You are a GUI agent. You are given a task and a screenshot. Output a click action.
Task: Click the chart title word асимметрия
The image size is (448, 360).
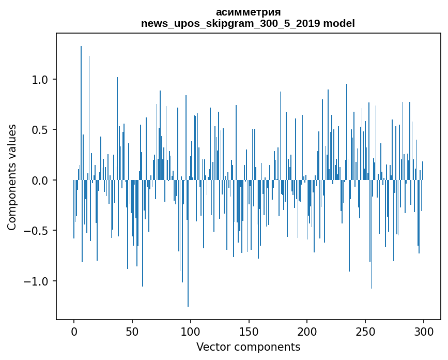[248, 12]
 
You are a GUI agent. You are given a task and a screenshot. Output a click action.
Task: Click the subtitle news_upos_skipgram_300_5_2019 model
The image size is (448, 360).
[248, 23]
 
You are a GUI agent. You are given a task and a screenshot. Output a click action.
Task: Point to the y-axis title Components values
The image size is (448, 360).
[12, 177]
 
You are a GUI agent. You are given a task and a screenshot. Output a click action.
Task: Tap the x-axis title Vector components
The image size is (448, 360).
[248, 347]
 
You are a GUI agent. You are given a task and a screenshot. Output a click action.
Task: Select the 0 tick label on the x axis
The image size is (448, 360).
[74, 331]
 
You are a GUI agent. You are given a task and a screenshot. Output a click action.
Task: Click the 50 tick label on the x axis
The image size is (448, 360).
[132, 331]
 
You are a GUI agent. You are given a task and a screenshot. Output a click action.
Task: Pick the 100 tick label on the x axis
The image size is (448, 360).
[191, 331]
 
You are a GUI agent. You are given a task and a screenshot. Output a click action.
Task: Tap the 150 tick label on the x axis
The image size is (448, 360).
[249, 331]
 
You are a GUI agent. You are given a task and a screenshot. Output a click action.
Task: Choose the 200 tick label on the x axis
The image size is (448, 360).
[307, 331]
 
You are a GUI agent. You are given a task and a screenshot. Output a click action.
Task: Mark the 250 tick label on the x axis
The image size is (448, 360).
[365, 331]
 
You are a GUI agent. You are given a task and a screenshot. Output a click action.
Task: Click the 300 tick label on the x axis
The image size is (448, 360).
[424, 331]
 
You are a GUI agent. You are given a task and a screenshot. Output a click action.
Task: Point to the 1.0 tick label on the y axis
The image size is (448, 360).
[40, 80]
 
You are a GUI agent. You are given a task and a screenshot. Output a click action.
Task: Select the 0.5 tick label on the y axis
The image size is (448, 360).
[40, 130]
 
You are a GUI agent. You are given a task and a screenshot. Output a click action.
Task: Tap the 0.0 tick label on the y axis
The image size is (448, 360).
[40, 181]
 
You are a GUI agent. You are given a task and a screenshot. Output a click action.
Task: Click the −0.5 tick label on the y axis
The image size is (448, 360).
[37, 231]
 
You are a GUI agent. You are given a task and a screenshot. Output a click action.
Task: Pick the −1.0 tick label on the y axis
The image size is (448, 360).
[37, 281]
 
